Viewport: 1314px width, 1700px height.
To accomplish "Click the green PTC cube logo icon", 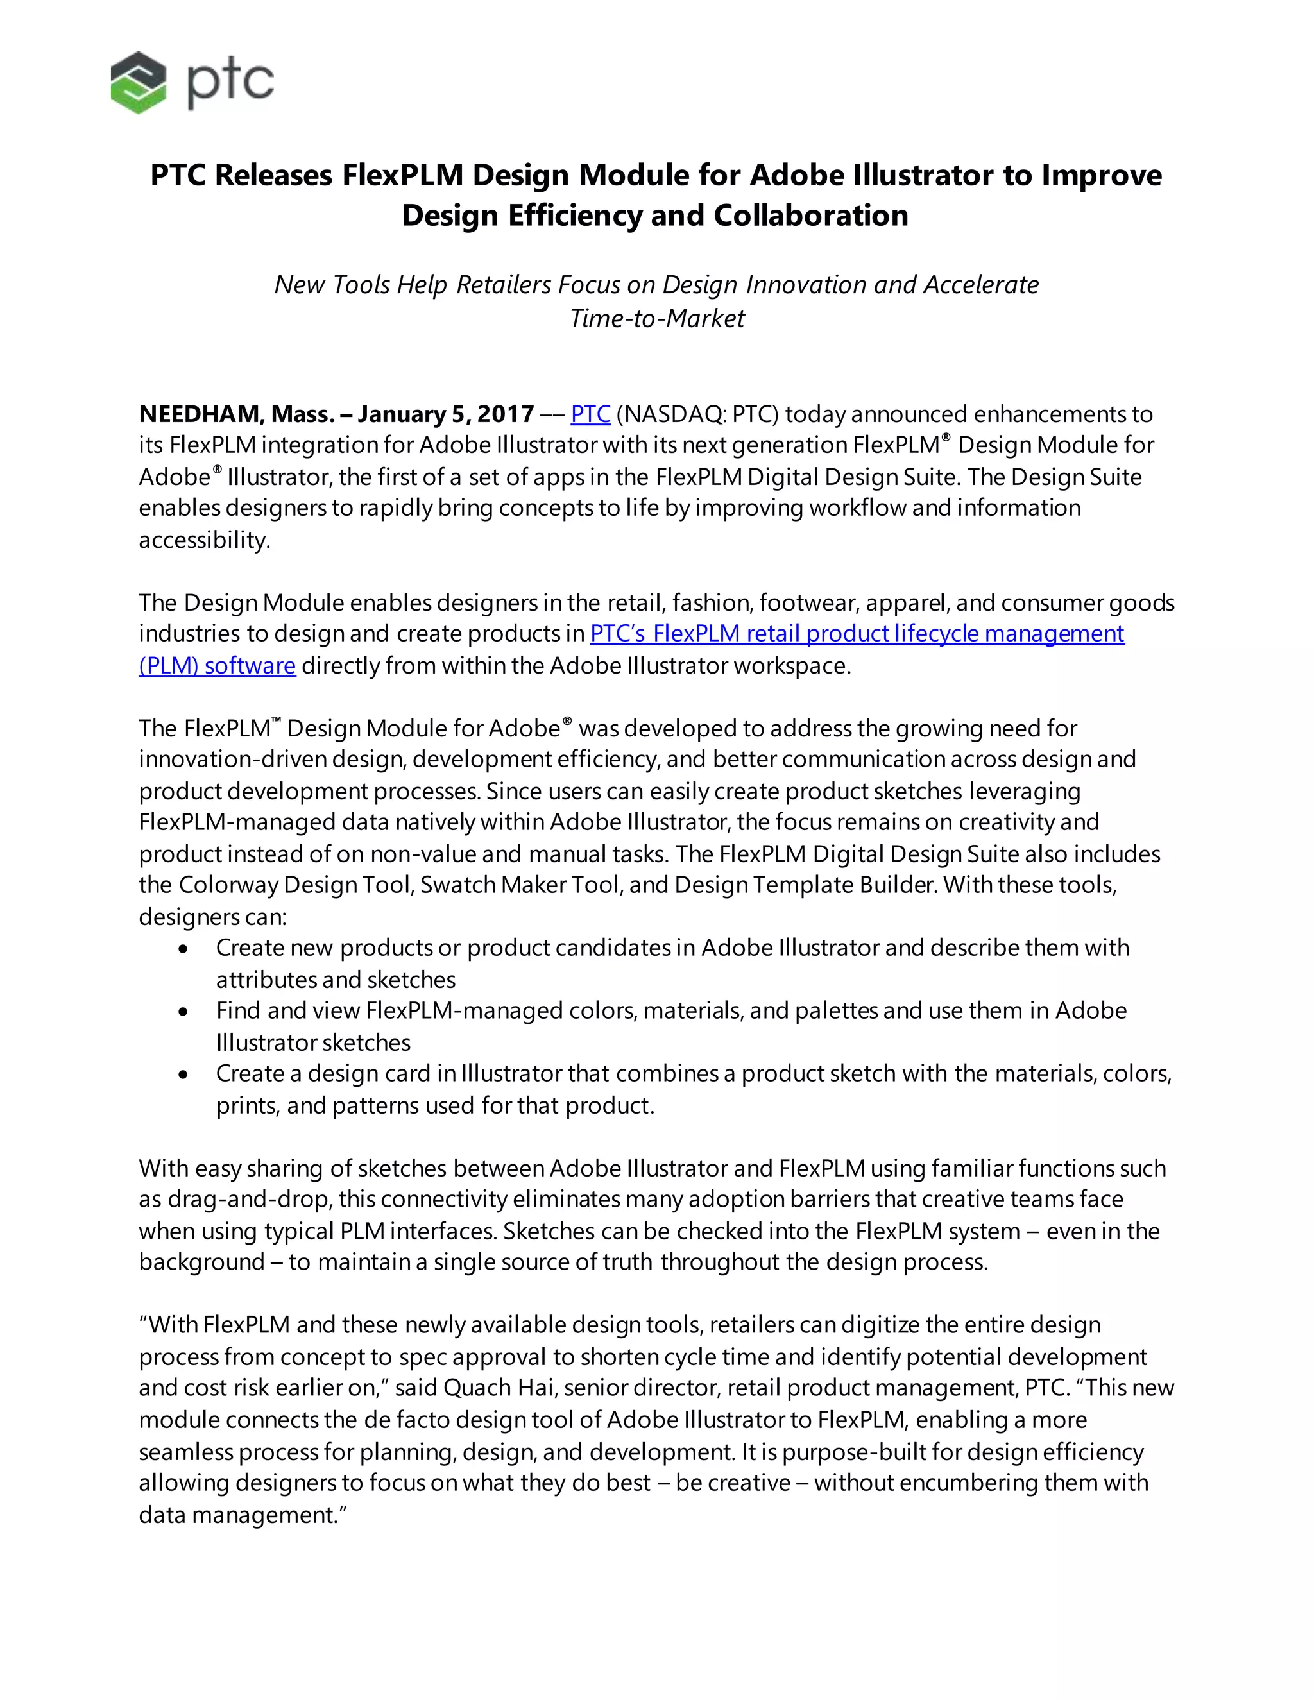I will click(139, 83).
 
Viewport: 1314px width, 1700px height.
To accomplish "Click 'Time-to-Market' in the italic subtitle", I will click(656, 318).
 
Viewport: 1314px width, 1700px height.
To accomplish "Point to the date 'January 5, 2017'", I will click(446, 414).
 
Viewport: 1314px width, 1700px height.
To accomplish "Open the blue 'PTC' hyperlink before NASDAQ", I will click(590, 414).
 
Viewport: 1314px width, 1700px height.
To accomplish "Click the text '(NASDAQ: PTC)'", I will click(697, 414).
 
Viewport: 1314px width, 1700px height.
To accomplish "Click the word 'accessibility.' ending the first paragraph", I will click(205, 540).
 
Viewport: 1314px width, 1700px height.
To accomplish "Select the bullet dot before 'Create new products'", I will click(183, 949).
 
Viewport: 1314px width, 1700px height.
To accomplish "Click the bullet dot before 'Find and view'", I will click(183, 1012).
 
